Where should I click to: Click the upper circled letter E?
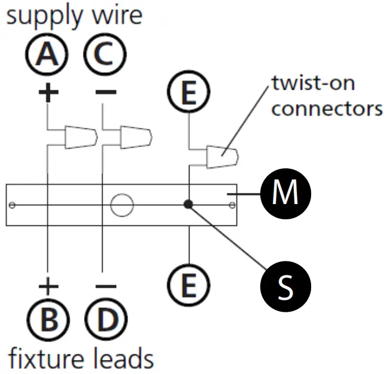click(x=189, y=94)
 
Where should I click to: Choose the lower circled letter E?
click(x=189, y=287)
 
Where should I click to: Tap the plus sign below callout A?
click(x=48, y=92)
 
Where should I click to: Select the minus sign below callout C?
click(x=104, y=92)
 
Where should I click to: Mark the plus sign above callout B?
click(x=48, y=287)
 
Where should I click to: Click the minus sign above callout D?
click(x=104, y=287)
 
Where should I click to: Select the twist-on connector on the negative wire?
click(x=137, y=136)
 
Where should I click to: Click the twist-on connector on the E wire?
click(x=223, y=157)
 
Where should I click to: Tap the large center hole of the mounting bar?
click(x=121, y=205)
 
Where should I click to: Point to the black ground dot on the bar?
click(x=189, y=205)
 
